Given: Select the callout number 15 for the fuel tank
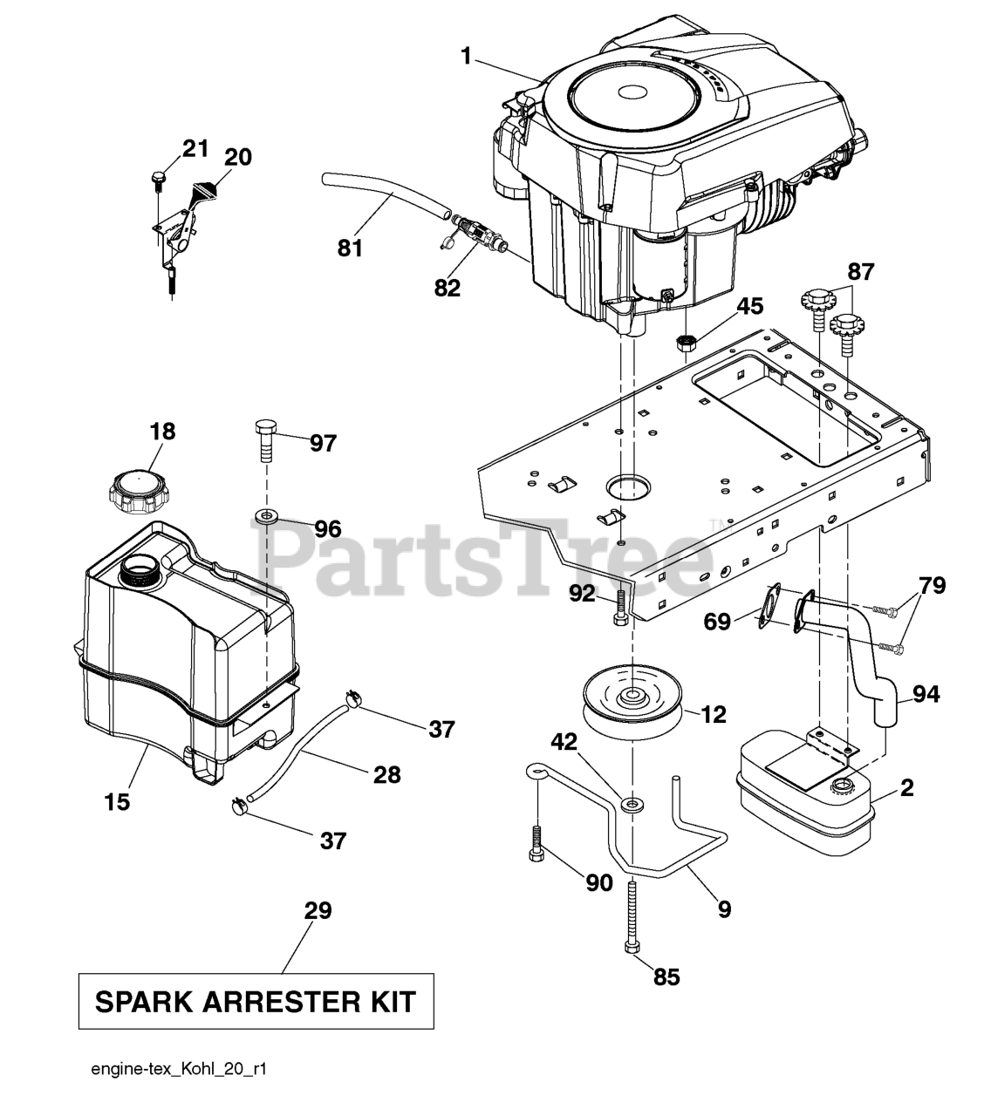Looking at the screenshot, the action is [117, 802].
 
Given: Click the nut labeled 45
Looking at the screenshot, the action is [685, 343].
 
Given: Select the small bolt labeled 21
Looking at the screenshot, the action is [158, 180].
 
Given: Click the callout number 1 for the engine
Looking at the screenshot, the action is [467, 56].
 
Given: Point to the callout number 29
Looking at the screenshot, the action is [318, 910].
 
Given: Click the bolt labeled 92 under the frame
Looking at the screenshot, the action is [621, 607].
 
